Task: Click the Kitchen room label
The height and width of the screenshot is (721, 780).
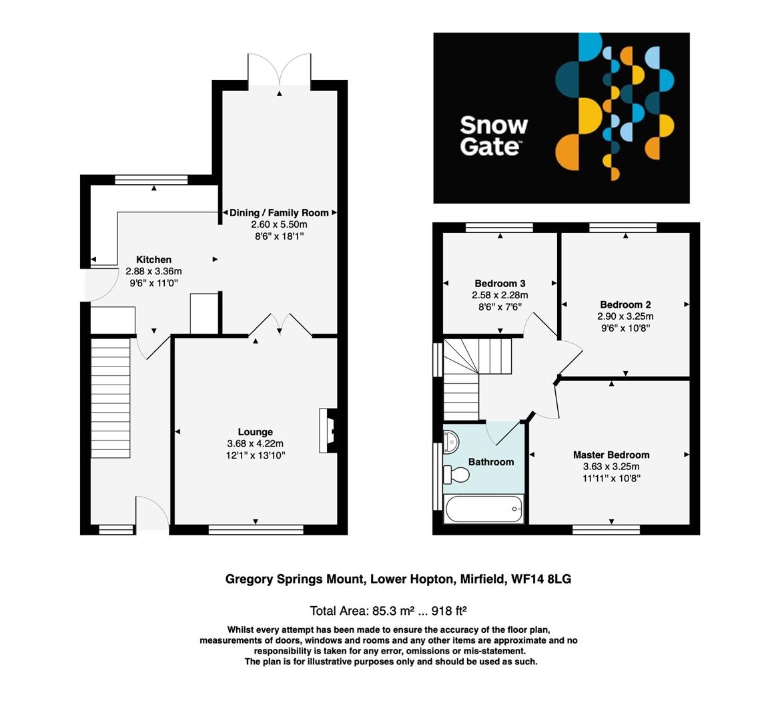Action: click(153, 260)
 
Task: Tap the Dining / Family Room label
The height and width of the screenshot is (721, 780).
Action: click(279, 213)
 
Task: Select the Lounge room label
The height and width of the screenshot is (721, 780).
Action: click(255, 432)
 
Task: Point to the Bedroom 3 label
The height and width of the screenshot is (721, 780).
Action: click(500, 283)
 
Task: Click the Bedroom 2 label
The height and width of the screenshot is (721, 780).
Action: click(625, 304)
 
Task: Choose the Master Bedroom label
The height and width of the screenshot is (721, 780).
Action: click(611, 455)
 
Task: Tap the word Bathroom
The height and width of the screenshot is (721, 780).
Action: click(491, 462)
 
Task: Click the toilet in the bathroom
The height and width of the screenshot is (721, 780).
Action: click(458, 474)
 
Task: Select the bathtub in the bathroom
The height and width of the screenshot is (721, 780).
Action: click(484, 509)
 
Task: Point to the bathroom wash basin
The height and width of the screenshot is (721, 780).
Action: click(451, 440)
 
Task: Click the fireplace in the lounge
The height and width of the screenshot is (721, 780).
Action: click(328, 431)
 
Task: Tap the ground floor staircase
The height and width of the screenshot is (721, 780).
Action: click(110, 398)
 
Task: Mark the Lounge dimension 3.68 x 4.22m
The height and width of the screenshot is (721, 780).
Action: click(255, 444)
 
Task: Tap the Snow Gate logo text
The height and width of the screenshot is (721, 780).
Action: click(494, 136)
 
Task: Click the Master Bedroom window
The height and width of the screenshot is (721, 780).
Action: click(606, 530)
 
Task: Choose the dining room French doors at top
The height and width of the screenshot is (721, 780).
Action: click(279, 70)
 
